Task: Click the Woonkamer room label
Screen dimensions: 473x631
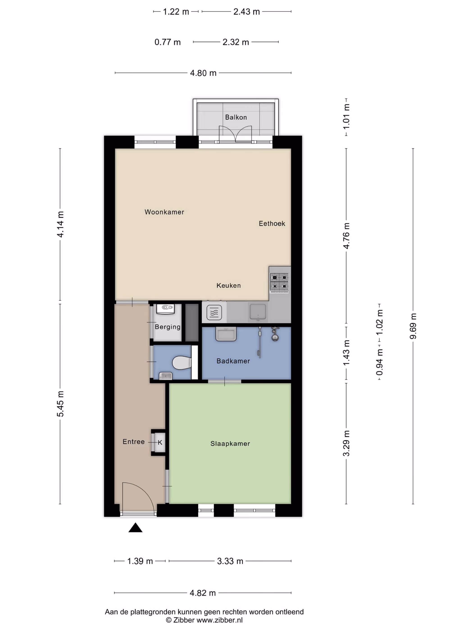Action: pos(164,212)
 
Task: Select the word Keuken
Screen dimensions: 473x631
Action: pos(228,285)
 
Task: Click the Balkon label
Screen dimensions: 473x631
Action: pos(236,117)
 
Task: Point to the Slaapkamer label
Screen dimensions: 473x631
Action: pos(230,443)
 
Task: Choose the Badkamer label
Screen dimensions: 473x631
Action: pos(233,361)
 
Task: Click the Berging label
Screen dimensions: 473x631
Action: pos(168,327)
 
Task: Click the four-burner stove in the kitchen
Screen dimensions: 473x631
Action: pos(280,282)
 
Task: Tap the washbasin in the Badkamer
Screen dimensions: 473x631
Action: pos(226,334)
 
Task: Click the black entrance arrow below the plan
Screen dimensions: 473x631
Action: pos(135,528)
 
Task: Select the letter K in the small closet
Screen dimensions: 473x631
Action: pos(160,442)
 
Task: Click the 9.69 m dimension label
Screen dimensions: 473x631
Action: pos(413,326)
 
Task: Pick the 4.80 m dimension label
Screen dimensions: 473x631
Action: pos(203,73)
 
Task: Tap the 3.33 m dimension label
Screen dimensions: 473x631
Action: pos(230,561)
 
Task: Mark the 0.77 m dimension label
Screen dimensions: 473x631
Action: pos(168,42)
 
